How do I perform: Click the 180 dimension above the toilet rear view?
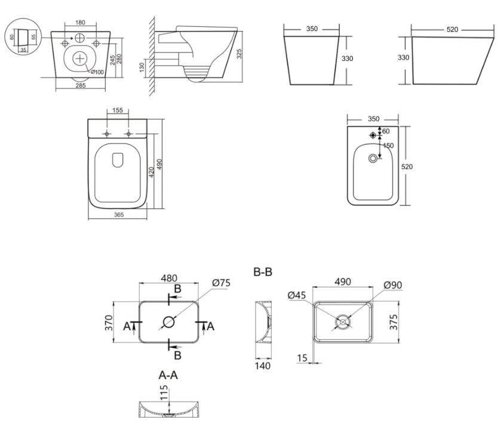click(x=80, y=22)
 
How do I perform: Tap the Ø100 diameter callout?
click(x=97, y=72)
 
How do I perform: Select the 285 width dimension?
click(x=81, y=85)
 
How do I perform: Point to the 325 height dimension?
click(x=239, y=54)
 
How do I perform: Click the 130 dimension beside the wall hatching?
click(x=142, y=68)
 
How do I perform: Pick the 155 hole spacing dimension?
click(x=118, y=111)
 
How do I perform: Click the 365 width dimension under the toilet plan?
click(x=119, y=214)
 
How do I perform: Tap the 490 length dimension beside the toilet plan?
click(x=160, y=164)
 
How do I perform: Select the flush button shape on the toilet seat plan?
click(x=118, y=160)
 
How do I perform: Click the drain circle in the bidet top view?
click(x=373, y=158)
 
